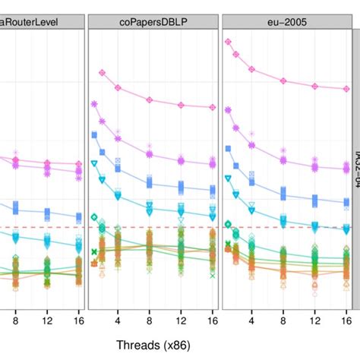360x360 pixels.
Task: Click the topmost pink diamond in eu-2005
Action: [228, 43]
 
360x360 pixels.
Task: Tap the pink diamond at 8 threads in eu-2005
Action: [283, 80]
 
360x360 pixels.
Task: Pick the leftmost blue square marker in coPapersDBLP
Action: [94, 134]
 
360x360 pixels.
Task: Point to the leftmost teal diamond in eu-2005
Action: [228, 224]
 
